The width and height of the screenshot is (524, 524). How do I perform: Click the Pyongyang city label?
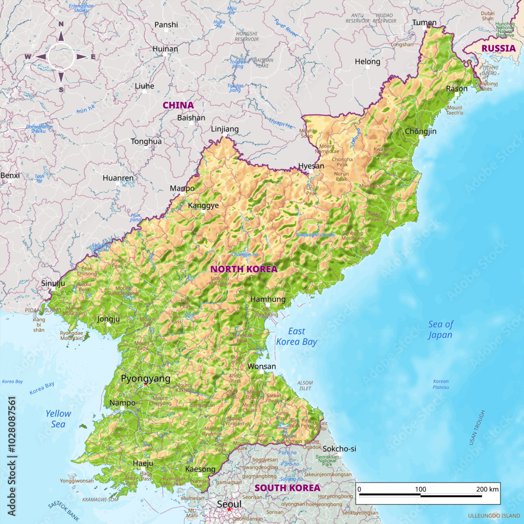click(x=146, y=378)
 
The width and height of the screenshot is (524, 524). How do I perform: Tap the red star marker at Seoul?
click(x=229, y=509)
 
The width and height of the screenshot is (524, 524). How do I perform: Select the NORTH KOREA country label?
click(x=244, y=269)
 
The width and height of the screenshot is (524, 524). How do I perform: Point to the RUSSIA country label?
click(x=498, y=48)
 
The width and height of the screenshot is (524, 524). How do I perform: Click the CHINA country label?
click(x=178, y=105)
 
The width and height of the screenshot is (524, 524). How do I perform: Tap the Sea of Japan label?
click(x=440, y=330)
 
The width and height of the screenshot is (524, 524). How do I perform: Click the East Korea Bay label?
click(x=297, y=336)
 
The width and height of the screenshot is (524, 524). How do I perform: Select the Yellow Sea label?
click(x=58, y=419)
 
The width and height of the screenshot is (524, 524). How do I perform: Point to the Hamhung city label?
click(x=268, y=299)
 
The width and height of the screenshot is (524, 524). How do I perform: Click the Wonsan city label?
click(x=261, y=367)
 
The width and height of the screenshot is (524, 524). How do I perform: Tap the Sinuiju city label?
click(x=53, y=283)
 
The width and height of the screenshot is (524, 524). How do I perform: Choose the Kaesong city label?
click(x=200, y=469)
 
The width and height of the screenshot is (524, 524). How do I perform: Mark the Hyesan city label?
click(x=311, y=166)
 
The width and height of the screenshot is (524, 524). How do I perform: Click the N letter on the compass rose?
click(x=61, y=24)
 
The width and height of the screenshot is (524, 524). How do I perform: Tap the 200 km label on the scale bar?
click(x=487, y=489)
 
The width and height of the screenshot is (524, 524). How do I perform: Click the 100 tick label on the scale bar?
click(x=420, y=489)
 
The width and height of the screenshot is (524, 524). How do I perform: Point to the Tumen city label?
click(x=424, y=22)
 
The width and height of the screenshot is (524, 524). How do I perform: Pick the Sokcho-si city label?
click(x=339, y=449)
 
